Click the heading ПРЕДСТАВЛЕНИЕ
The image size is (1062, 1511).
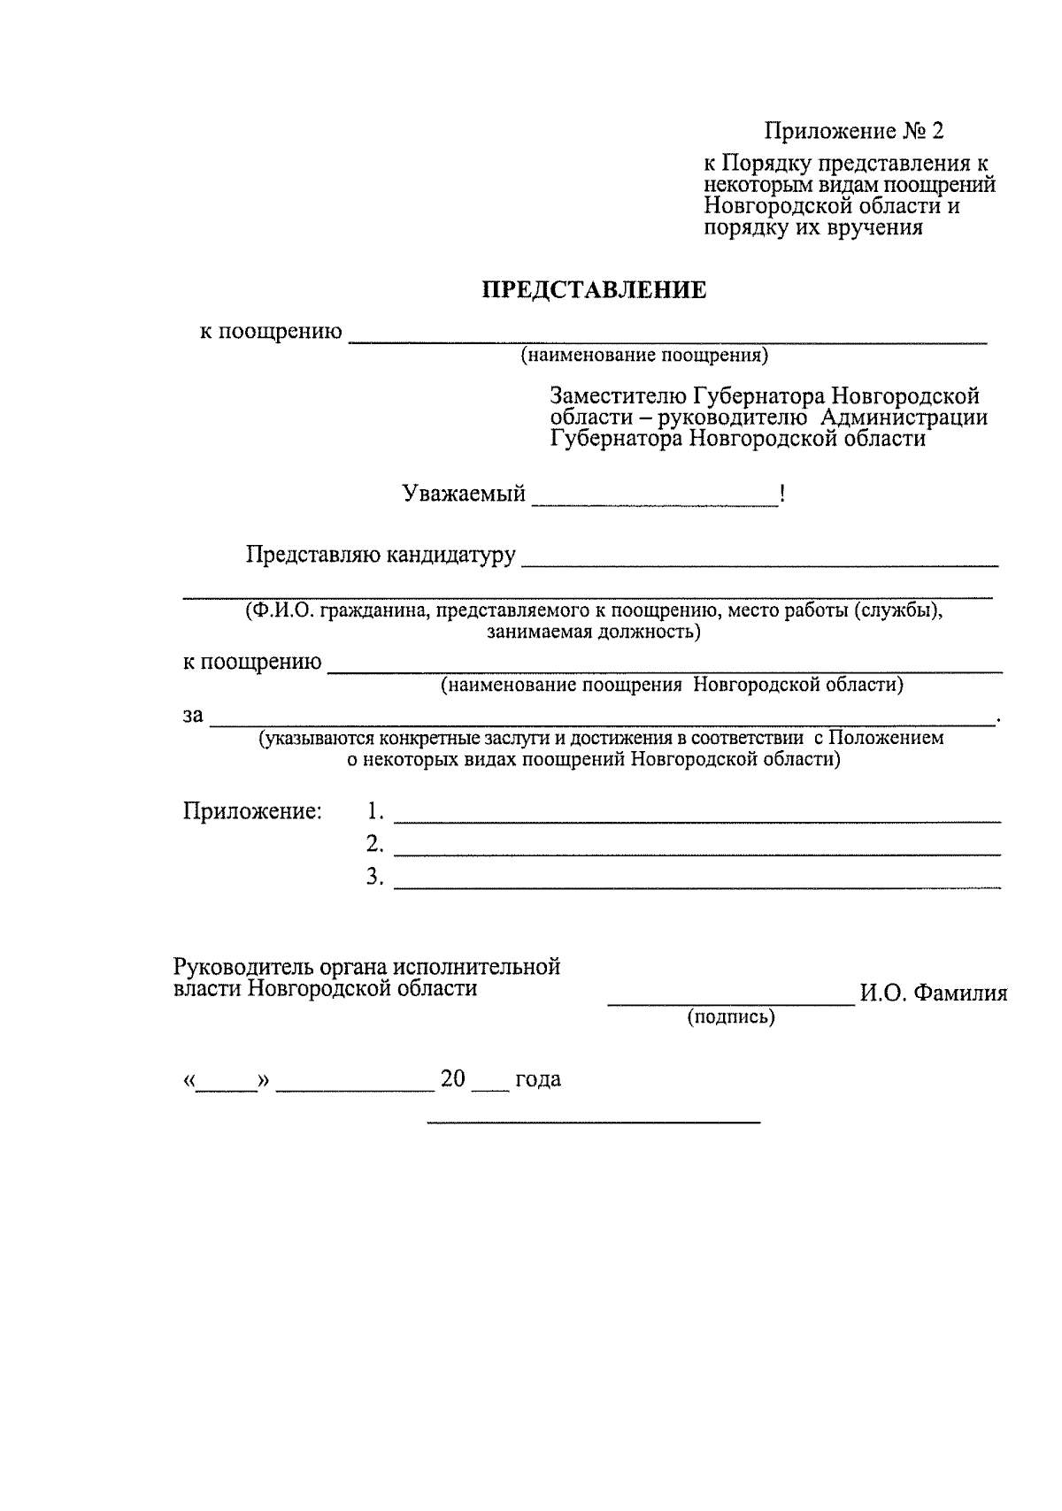tap(594, 290)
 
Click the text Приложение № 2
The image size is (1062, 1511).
tap(854, 132)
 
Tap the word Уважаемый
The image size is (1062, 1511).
tap(464, 494)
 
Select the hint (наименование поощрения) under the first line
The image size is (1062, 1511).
tap(644, 357)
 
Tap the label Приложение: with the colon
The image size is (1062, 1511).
tap(252, 811)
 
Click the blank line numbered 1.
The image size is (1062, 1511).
tap(696, 820)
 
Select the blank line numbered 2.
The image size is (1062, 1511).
tap(696, 853)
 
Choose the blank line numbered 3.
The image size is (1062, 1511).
tap(696, 885)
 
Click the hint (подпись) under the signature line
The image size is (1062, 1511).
tap(731, 1018)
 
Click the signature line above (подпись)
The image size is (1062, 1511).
tap(731, 1003)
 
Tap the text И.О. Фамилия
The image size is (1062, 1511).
tap(934, 993)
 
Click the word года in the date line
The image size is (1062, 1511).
tap(538, 1080)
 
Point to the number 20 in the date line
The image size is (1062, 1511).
tap(453, 1079)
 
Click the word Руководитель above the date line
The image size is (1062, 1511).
tap(235, 967)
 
